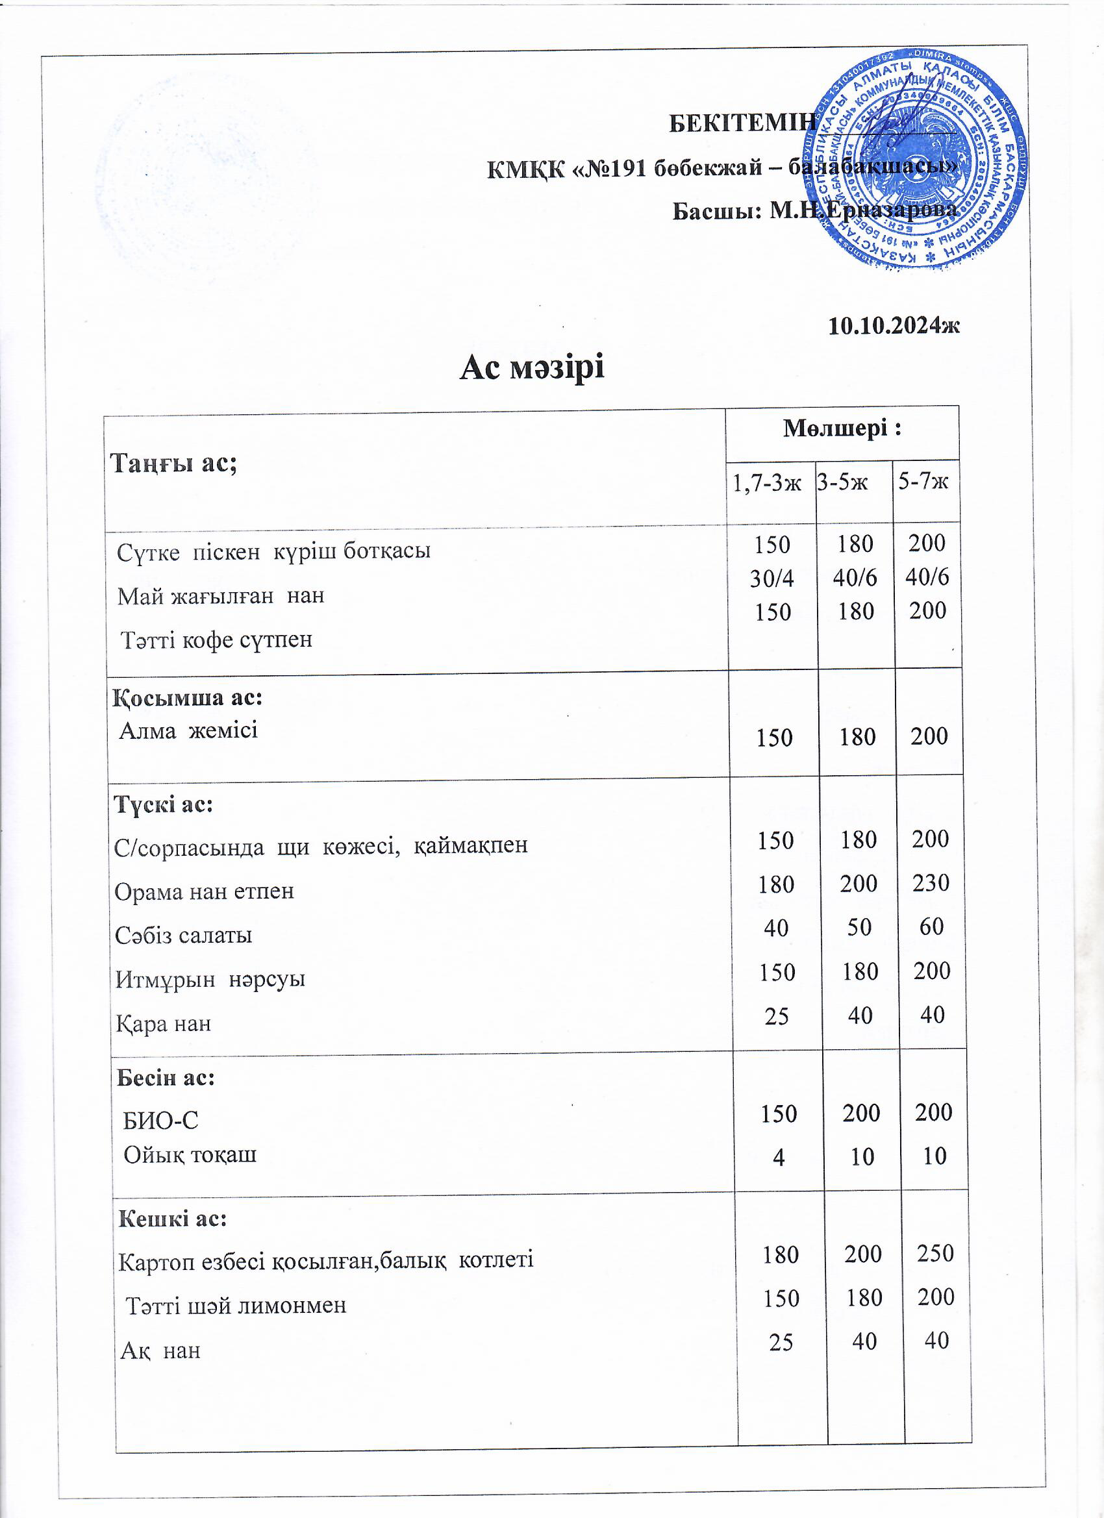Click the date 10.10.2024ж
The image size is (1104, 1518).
(x=894, y=326)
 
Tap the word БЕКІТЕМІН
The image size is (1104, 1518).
(x=742, y=123)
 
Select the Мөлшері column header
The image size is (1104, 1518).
(x=842, y=429)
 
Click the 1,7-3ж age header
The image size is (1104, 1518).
(x=767, y=482)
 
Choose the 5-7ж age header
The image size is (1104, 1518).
(x=923, y=481)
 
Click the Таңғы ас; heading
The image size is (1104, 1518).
(x=173, y=463)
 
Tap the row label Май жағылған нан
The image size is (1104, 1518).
(x=221, y=595)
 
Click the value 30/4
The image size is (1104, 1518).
(x=772, y=579)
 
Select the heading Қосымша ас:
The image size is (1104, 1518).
(x=188, y=698)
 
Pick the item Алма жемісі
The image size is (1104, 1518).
(x=189, y=730)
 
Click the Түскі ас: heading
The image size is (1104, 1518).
(x=164, y=804)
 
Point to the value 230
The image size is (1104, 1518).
(x=931, y=883)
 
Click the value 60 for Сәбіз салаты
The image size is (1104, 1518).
(x=931, y=927)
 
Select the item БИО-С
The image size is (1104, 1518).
(x=161, y=1121)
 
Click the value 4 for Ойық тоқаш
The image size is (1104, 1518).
(x=778, y=1156)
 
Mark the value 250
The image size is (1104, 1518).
(x=935, y=1253)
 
